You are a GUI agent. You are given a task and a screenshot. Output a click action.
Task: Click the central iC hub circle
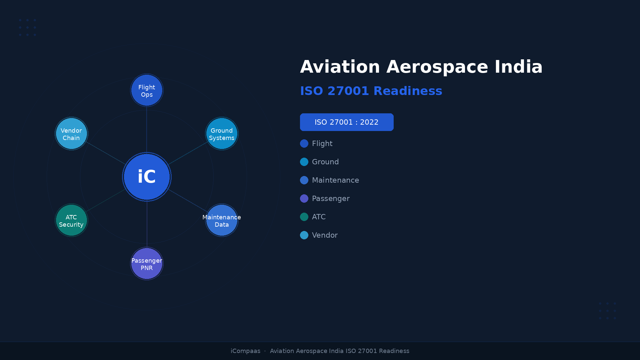click(147, 177)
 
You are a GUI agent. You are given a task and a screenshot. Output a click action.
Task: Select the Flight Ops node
click(147, 90)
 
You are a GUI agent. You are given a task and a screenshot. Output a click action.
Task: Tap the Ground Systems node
click(222, 134)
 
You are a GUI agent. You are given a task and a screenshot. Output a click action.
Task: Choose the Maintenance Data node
click(222, 220)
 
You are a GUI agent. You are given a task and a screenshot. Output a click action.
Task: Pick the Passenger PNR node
click(147, 264)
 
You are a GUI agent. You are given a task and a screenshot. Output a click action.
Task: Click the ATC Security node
click(71, 220)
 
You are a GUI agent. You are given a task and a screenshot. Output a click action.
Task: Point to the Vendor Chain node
click(71, 134)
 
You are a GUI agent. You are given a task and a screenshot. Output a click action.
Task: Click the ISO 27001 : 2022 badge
click(347, 122)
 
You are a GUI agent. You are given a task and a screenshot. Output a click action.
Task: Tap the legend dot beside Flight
click(304, 143)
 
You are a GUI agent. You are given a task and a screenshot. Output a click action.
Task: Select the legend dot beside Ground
click(304, 162)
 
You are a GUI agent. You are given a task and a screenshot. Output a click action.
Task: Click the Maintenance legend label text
click(335, 180)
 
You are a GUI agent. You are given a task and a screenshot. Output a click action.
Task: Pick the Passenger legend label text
click(331, 199)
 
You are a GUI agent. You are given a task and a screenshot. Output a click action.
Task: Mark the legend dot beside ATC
click(304, 217)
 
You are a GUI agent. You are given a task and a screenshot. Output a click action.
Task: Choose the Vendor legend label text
click(325, 235)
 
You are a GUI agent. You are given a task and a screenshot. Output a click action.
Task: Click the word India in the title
click(518, 67)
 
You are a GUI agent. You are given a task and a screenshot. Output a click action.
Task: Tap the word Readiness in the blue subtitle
click(408, 91)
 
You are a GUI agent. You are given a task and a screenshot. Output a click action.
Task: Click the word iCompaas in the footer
click(245, 351)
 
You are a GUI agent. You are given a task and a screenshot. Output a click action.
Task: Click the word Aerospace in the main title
click(437, 67)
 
